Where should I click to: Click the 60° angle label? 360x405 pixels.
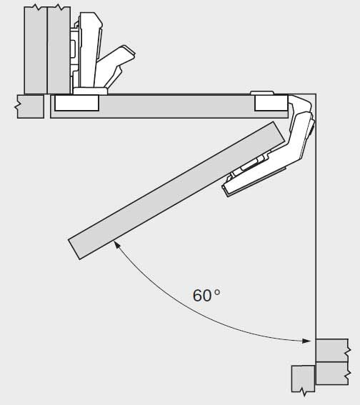[206, 296]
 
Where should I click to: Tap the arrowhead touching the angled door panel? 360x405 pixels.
[118, 244]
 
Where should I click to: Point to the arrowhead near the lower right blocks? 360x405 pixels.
[306, 341]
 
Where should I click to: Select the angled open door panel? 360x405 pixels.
[176, 190]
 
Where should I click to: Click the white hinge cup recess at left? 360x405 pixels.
[76, 103]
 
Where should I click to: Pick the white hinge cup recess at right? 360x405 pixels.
[271, 103]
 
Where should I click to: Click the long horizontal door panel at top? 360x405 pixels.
[169, 106]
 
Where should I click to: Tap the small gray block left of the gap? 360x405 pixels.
[30, 106]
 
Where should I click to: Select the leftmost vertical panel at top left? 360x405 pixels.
[36, 50]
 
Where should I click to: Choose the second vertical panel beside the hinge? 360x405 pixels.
[59, 50]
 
